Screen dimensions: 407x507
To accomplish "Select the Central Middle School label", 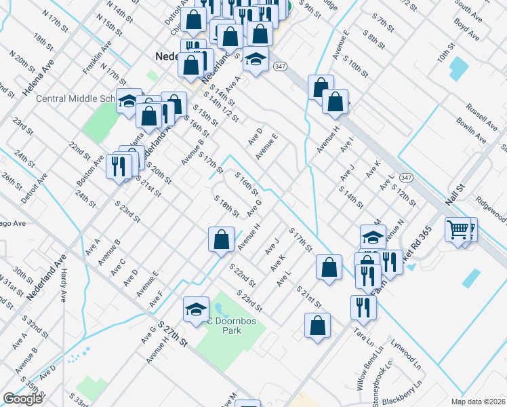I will click(75, 98).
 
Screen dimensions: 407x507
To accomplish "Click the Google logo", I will click(22, 399).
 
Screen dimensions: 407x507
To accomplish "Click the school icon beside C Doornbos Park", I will click(196, 309).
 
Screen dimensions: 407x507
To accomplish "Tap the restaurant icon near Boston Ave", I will click(119, 167).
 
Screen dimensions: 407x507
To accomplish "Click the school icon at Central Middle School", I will click(127, 102).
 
